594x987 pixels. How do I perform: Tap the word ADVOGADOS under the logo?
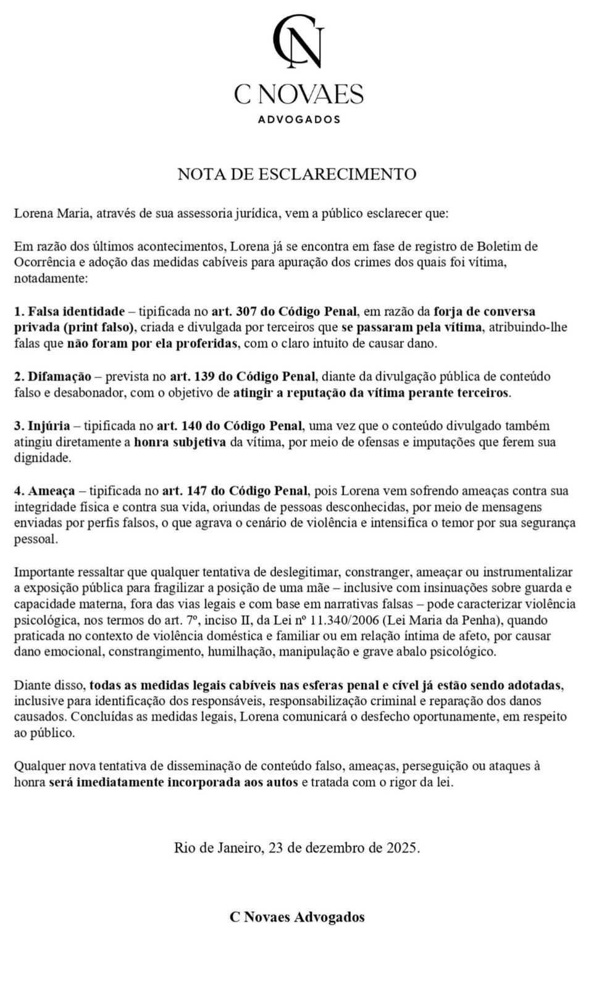299,119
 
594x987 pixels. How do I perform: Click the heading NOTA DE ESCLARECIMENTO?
297,174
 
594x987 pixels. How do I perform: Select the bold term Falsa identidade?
77,311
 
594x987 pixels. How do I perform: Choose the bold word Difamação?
60,376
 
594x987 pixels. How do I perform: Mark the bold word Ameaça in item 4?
52,491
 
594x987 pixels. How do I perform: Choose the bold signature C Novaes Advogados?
297,917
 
